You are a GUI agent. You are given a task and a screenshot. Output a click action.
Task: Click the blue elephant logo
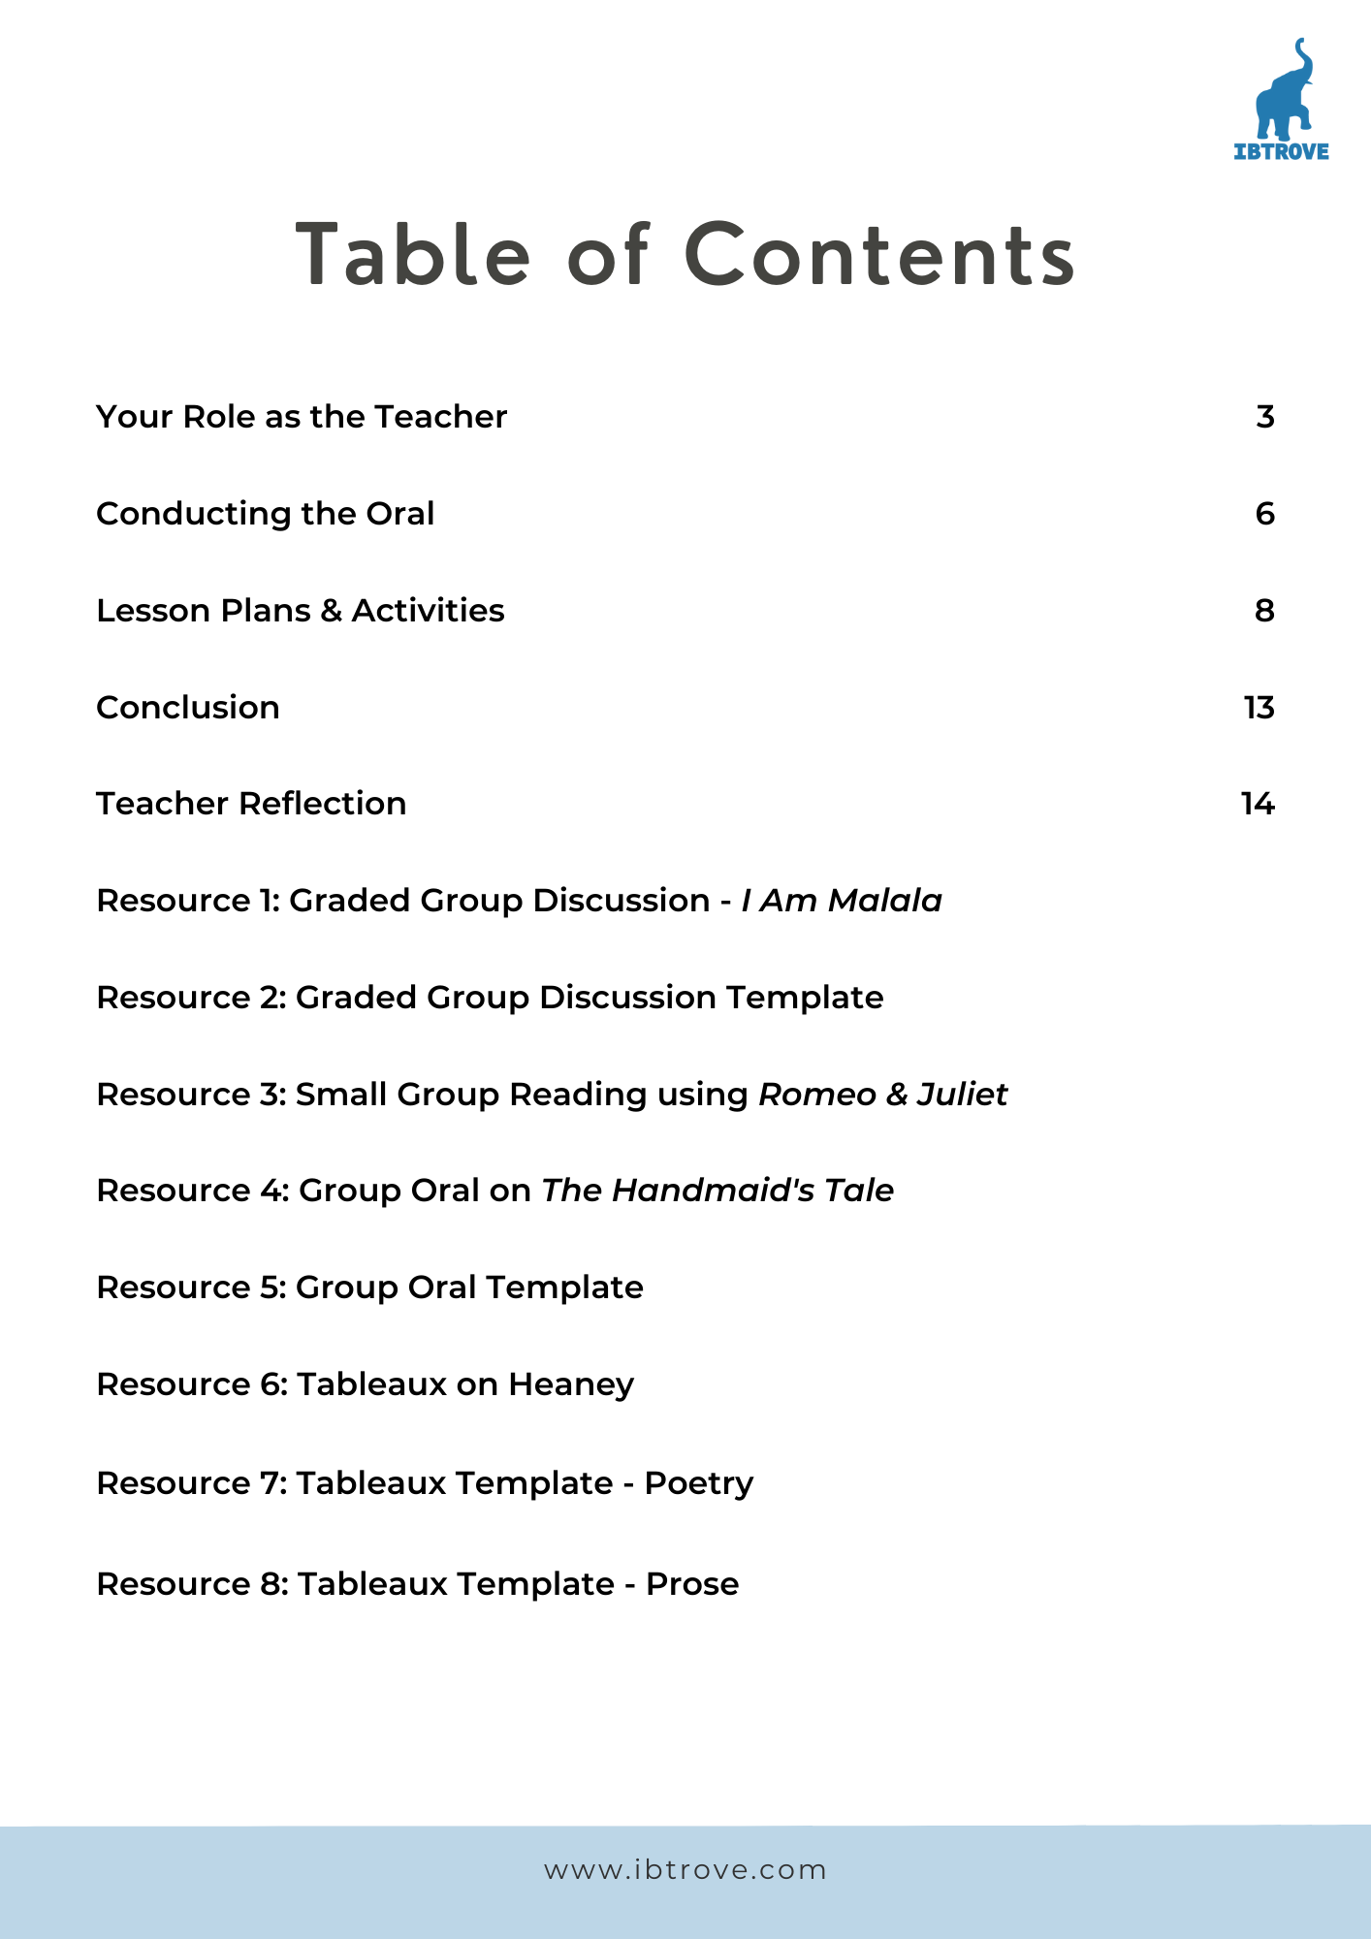1283,90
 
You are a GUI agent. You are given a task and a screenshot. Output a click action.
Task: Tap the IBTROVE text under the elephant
1281,151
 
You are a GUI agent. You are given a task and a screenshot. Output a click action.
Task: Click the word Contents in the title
879,255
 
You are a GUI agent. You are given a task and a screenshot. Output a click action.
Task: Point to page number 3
1264,417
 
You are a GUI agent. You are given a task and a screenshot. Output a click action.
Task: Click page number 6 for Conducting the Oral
1264,514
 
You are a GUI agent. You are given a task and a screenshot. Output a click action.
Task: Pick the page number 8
1264,611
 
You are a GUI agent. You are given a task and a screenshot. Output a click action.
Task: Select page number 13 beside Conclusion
1259,708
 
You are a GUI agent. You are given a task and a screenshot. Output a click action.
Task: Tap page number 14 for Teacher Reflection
1258,804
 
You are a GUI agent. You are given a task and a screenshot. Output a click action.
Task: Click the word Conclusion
188,708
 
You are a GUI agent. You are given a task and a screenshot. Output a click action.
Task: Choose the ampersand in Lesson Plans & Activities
331,611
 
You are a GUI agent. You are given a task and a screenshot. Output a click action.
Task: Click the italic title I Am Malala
842,901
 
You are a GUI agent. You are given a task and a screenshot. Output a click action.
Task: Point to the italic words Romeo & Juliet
882,1095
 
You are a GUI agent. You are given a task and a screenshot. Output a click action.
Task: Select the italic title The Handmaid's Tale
717,1191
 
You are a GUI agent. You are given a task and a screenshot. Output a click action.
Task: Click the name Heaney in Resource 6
571,1385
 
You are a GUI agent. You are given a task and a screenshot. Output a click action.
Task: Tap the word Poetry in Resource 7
699,1484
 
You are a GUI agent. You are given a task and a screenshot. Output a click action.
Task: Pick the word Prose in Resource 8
692,1584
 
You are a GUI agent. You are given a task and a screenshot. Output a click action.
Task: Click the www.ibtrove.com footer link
685,1870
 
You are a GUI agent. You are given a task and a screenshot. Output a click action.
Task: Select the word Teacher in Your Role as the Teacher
440,417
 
